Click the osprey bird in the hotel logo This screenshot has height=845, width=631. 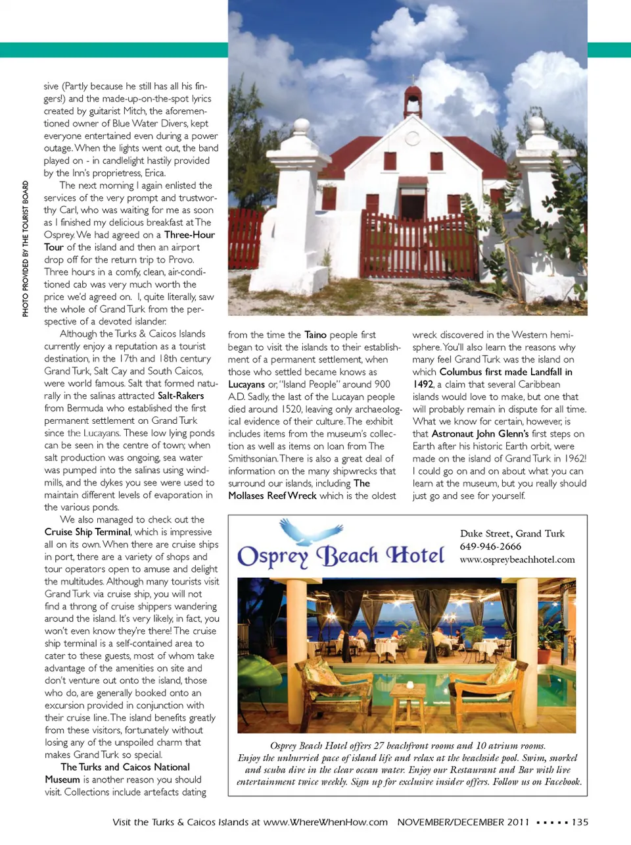pyautogui.click(x=311, y=532)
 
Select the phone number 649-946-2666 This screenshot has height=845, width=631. pyautogui.click(x=490, y=546)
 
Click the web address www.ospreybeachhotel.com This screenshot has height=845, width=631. pyautogui.click(x=517, y=559)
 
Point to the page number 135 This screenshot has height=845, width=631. pyautogui.click(x=580, y=822)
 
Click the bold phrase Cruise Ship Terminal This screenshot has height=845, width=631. pyautogui.click(x=88, y=532)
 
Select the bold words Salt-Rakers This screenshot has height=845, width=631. pyautogui.click(x=181, y=396)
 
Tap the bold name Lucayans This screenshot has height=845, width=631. pyautogui.click(x=246, y=384)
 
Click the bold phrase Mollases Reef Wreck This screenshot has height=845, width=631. pyautogui.click(x=272, y=496)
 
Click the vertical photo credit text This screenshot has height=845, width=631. pyautogui.click(x=26, y=249)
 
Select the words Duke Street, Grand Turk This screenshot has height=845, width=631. pyautogui.click(x=512, y=534)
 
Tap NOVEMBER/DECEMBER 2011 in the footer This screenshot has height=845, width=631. pyautogui.click(x=463, y=822)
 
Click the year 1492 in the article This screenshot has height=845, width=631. pyautogui.click(x=423, y=384)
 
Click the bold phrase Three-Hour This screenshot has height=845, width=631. pyautogui.click(x=189, y=235)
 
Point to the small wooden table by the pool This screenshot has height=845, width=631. pyautogui.click(x=408, y=700)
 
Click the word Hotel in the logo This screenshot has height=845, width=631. pyautogui.click(x=415, y=555)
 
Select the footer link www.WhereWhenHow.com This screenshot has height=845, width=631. pyautogui.click(x=325, y=822)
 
